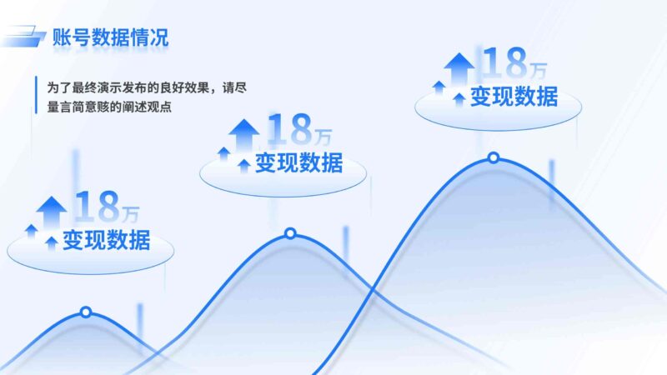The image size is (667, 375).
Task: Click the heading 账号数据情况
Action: pos(110,37)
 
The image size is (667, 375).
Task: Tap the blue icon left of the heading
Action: pos(25,37)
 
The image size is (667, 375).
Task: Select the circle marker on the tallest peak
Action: pos(493,157)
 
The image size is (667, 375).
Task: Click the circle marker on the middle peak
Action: pos(290,233)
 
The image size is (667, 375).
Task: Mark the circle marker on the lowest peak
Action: pos(85,312)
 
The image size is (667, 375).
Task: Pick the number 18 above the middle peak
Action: pos(288,129)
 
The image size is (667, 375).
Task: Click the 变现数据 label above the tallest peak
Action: pos(514,97)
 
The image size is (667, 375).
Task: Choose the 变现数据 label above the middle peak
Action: pos(298,162)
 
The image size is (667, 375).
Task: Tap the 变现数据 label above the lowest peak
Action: pos(106,240)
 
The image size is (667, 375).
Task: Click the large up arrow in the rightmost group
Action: pos(458,67)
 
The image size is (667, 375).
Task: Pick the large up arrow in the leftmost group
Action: pos(52,208)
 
